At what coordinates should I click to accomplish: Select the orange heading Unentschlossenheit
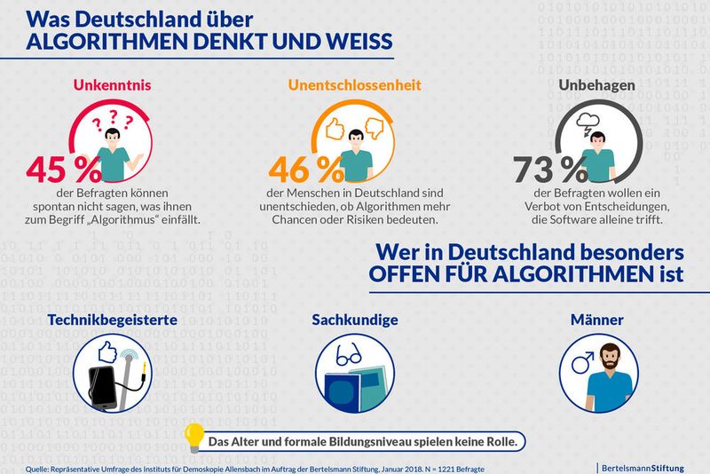(x=353, y=86)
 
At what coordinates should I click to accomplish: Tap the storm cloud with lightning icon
(x=588, y=124)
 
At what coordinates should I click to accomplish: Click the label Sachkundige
(x=355, y=318)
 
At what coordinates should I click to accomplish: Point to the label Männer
(x=596, y=318)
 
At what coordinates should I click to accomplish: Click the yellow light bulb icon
(x=193, y=436)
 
